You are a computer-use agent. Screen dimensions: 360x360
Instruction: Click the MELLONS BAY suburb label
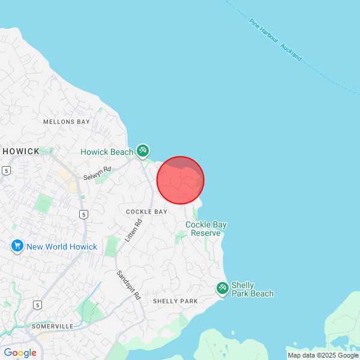[66, 122]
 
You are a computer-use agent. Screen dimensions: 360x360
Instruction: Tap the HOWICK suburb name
[21, 151]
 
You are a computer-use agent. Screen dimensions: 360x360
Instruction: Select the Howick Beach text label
[107, 152]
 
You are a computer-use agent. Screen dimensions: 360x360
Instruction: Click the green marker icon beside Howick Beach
[142, 150]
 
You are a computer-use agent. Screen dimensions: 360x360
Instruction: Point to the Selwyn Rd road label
[97, 174]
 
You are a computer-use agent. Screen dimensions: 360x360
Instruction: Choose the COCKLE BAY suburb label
[147, 212]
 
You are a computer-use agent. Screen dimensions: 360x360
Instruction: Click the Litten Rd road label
[133, 230]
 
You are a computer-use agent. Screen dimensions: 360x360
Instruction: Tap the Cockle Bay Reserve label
[206, 229]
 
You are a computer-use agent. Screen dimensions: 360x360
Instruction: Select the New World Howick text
[61, 247]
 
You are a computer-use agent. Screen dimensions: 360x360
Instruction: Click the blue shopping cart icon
[16, 246]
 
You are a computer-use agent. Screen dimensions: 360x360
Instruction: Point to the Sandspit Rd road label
[128, 285]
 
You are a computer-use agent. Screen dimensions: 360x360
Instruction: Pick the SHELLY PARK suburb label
[175, 301]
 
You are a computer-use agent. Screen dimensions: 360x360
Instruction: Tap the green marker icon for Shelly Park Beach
[222, 289]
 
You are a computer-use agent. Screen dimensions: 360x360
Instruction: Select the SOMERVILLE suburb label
[52, 326]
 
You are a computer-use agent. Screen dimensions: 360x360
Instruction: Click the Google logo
[20, 353]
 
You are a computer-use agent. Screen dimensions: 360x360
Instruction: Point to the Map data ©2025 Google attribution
[323, 355]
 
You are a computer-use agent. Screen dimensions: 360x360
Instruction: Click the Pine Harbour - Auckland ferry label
[275, 39]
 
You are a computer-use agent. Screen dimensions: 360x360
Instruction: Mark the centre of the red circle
[181, 180]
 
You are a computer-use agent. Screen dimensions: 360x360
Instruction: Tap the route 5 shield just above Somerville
[37, 305]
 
